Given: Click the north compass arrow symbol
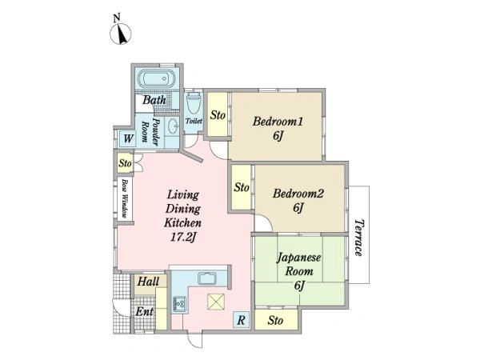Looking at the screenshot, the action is point(121,33).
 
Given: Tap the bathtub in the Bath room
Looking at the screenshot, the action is point(156,78).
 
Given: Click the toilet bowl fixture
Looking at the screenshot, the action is point(194,103).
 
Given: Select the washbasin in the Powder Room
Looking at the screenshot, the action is point(174,126).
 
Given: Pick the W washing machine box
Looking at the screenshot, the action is point(128,139).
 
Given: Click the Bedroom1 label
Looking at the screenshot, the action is point(278,122).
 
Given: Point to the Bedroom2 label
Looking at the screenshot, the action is point(298,194).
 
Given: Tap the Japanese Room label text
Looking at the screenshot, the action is point(299,264).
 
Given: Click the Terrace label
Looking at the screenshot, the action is point(358,238).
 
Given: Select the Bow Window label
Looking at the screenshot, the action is point(124,198).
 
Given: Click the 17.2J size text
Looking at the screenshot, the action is point(182,238).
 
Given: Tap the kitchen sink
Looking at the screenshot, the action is point(207,278).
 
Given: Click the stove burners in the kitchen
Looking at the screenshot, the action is point(178,304).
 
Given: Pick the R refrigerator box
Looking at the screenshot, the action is point(242,320).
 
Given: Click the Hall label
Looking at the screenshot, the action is point(148,282).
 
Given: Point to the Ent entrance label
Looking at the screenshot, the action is point(144,312).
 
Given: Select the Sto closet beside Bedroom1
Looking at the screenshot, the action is point(218,114).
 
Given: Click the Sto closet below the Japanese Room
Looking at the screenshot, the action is point(276,320).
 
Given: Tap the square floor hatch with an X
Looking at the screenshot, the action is point(216,302).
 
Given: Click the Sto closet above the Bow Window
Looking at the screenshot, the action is point(125,163).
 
